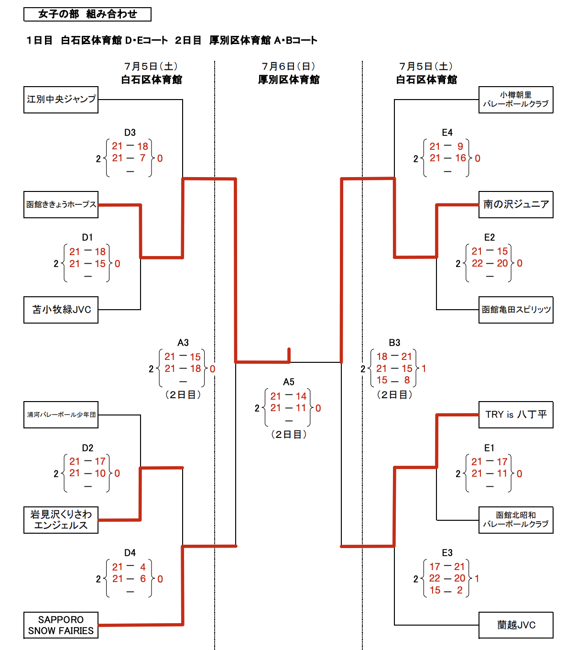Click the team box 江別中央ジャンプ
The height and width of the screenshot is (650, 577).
(61, 100)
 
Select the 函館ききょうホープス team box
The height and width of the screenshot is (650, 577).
(61, 204)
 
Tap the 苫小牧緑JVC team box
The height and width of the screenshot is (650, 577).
(61, 310)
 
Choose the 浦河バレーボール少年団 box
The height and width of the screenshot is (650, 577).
(61, 415)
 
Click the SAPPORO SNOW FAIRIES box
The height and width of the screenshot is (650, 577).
(61, 625)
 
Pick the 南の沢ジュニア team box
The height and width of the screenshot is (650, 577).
(516, 204)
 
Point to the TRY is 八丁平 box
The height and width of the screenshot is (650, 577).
(516, 415)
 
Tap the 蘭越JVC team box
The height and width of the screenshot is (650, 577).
(516, 625)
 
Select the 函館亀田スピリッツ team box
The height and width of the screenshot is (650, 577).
(516, 310)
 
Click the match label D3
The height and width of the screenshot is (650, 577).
(130, 133)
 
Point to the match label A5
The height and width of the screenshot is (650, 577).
(289, 382)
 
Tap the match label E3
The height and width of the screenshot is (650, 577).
(447, 553)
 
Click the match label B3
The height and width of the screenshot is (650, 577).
(394, 343)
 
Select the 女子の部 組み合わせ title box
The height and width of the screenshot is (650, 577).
(87, 14)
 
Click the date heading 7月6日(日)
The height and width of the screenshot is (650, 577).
(289, 67)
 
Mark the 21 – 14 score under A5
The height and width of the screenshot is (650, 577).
(288, 396)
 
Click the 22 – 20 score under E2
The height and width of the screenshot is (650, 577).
(490, 263)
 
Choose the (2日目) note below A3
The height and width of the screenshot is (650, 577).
(183, 395)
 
